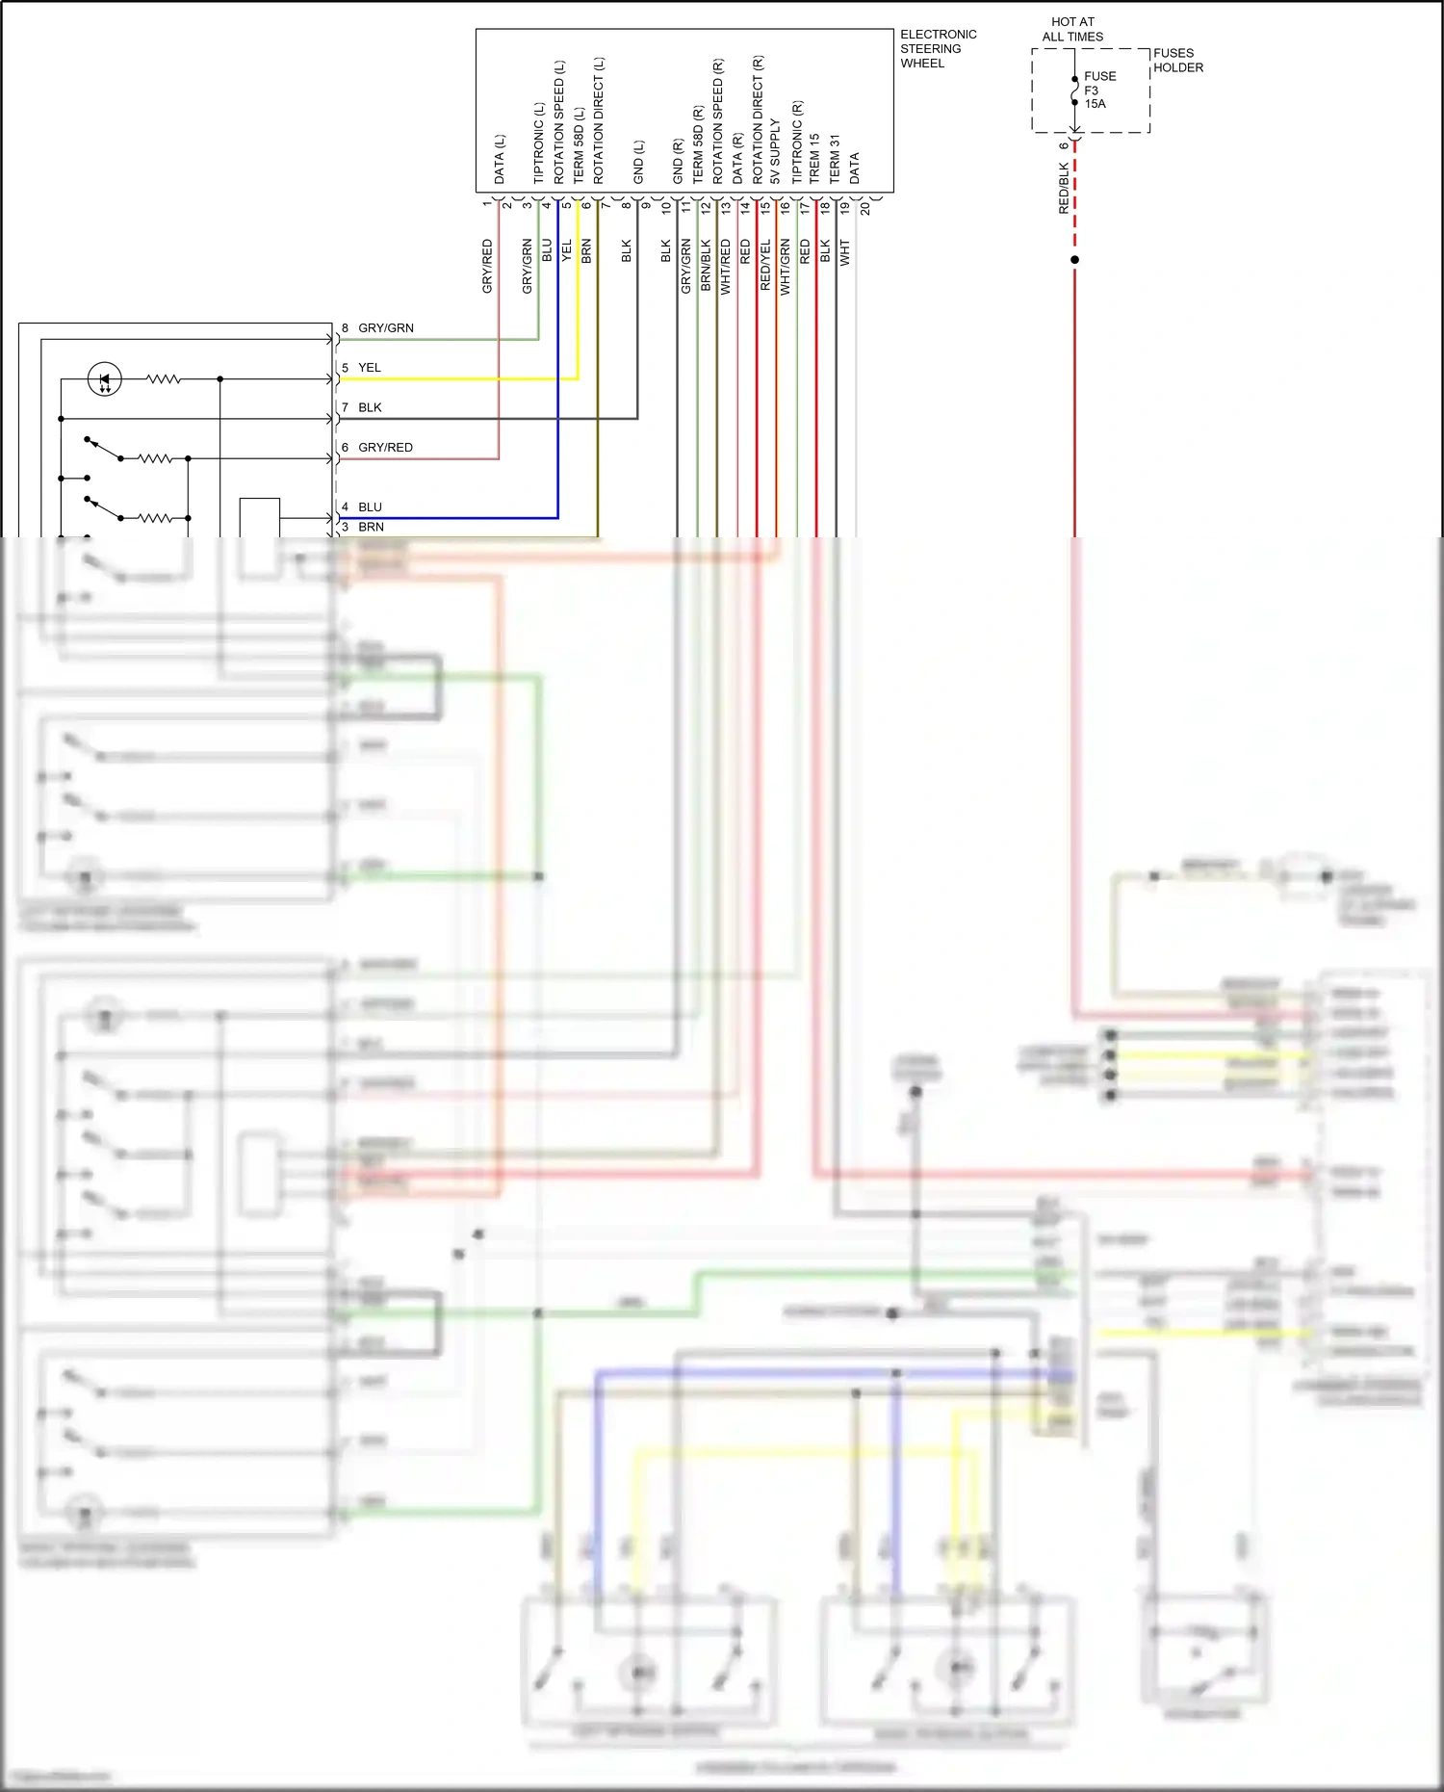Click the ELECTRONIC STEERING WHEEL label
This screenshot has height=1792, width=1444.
[x=937, y=49]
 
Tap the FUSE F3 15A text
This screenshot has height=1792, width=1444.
[x=1098, y=90]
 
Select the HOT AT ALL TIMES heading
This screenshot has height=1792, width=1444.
[x=1072, y=29]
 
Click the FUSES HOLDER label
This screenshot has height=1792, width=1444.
[x=1177, y=61]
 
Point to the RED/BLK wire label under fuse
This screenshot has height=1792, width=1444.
[x=1064, y=188]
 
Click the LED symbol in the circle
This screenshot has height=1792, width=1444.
[x=105, y=379]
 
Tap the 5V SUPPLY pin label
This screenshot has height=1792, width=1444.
[x=775, y=152]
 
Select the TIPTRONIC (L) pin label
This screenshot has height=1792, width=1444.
[x=539, y=143]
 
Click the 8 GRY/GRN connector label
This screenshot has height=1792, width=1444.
[x=377, y=328]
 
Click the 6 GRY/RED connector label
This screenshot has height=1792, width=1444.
[x=377, y=448]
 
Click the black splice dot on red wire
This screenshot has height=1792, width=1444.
[x=1074, y=260]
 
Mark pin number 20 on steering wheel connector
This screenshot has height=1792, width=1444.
[x=864, y=208]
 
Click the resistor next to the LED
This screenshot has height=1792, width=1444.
[x=164, y=379]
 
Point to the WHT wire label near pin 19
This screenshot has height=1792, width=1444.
[x=844, y=253]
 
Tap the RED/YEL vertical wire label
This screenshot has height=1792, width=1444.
[x=765, y=266]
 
